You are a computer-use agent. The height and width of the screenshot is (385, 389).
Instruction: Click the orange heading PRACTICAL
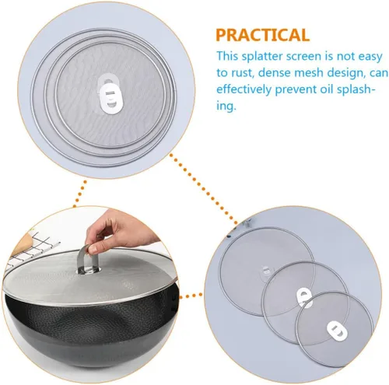point(263,35)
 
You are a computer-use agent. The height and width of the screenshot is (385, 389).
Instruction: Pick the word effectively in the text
point(244,89)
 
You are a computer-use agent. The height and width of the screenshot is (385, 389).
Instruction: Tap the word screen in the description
point(307,57)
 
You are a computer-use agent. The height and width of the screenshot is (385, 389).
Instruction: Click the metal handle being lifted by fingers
point(87,258)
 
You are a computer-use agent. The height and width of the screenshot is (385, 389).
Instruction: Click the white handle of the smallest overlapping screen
point(337,330)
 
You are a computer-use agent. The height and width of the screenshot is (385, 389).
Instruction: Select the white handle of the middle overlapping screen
point(304,297)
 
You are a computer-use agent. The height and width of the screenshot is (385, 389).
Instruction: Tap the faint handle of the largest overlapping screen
point(266,271)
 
